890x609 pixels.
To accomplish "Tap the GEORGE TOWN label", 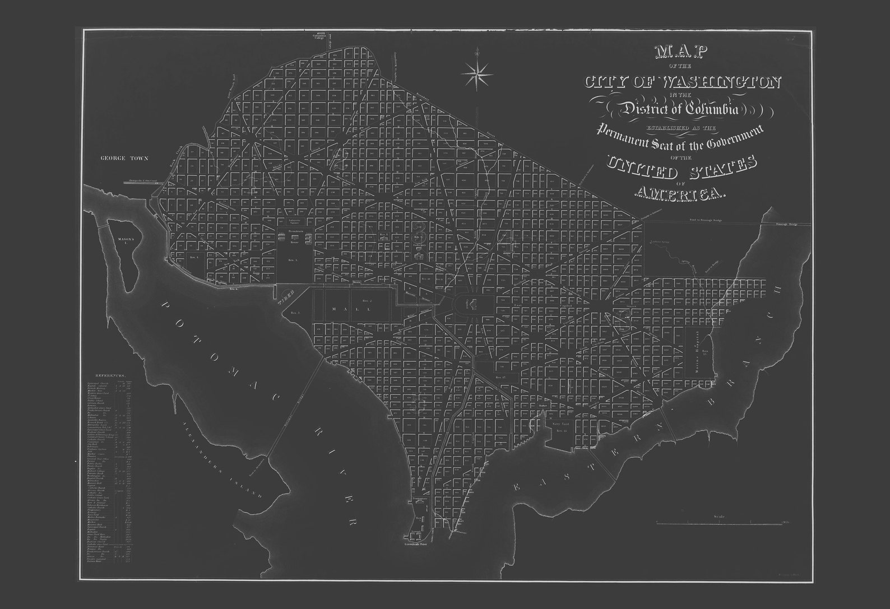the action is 124,159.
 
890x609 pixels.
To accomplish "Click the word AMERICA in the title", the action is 680,194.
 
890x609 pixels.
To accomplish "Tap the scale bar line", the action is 719,523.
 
